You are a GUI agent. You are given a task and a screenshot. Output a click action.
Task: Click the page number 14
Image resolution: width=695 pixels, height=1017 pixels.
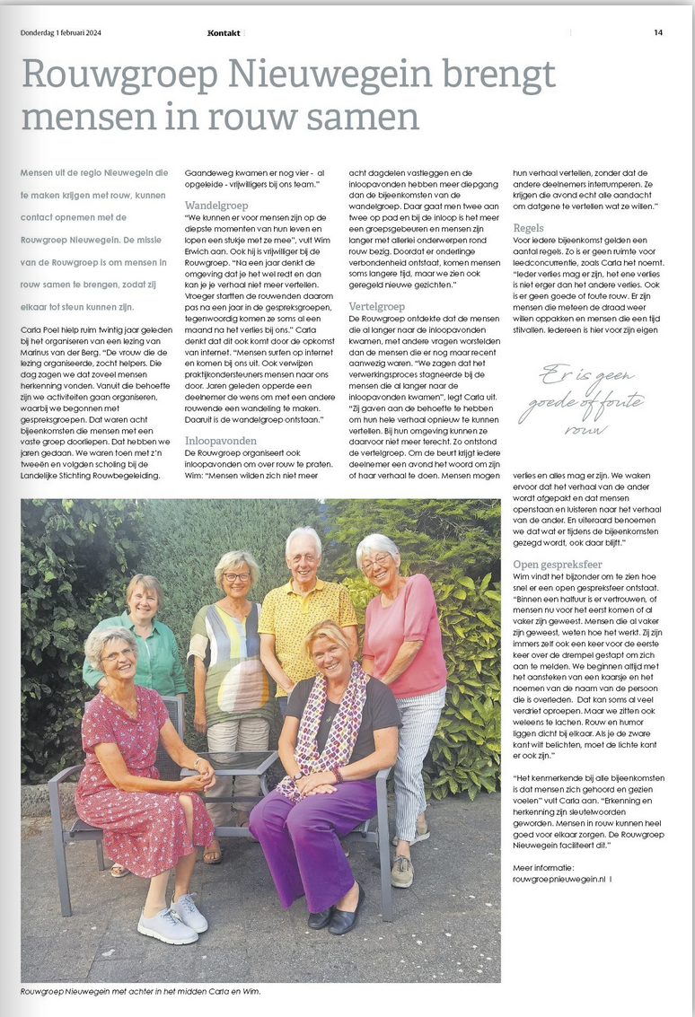658,32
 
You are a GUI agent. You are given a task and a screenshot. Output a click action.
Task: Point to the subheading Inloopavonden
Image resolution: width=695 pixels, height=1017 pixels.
222,441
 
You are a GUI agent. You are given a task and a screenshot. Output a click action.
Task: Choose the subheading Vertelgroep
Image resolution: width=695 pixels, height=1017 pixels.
376,306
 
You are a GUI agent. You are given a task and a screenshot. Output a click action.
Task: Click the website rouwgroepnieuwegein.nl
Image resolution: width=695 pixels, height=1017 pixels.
558,880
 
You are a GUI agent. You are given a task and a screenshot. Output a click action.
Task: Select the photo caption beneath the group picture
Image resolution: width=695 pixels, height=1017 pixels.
141,991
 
